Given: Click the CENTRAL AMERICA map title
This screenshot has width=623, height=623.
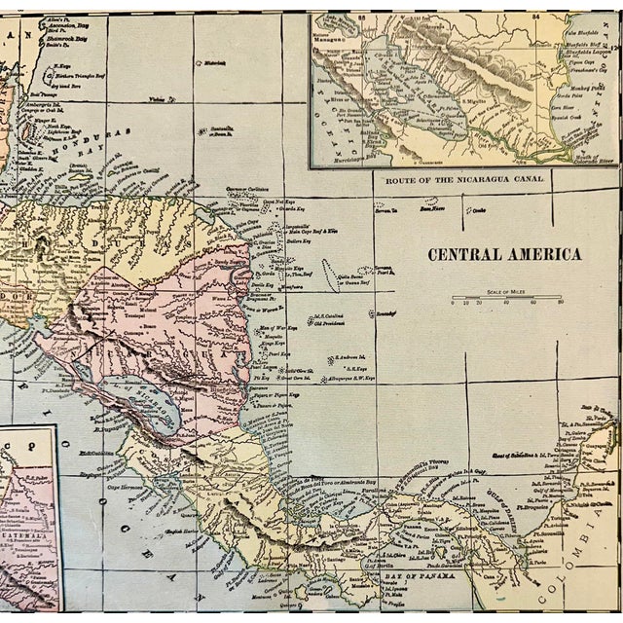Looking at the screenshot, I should pos(503,255).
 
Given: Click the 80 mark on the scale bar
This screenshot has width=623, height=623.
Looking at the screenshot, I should pos(560,303).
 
